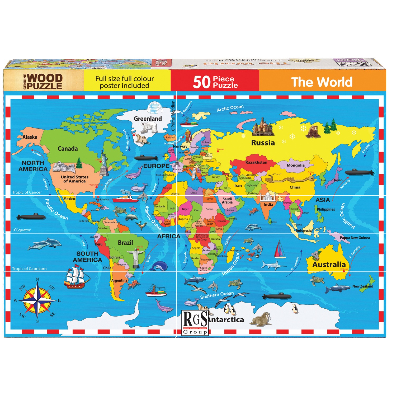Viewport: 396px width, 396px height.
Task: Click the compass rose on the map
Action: pyautogui.click(x=37, y=300)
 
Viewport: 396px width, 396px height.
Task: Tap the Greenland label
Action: pyautogui.click(x=148, y=119)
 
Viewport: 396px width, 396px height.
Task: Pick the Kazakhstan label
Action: pyautogui.click(x=256, y=162)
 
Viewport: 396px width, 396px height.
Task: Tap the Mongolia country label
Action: pyautogui.click(x=296, y=166)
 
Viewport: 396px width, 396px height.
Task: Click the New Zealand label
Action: pyautogui.click(x=362, y=286)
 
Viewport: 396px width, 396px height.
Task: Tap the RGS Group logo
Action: pyautogui.click(x=195, y=323)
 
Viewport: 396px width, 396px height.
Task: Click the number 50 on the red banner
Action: pyautogui.click(x=202, y=82)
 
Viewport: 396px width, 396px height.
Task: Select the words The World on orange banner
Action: pyautogui.click(x=322, y=82)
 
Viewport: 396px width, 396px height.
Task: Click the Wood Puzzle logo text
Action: pyautogui.click(x=44, y=82)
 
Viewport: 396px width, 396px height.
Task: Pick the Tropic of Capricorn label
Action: pyautogui.click(x=29, y=269)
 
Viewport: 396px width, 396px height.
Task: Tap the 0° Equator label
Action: pyautogui.click(x=22, y=230)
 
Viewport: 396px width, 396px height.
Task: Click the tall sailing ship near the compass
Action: pyautogui.click(x=77, y=277)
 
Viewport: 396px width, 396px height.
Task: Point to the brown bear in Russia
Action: pyautogui.click(x=313, y=132)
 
